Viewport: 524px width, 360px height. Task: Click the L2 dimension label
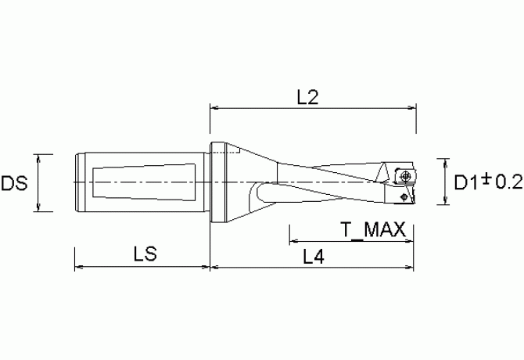point(308,97)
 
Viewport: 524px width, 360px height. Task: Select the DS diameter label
point(15,184)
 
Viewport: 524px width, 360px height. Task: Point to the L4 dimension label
point(314,257)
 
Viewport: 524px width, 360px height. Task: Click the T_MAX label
point(372,230)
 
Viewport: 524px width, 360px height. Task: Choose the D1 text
point(467,182)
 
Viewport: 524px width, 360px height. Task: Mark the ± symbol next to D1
point(486,181)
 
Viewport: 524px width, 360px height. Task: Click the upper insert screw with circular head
point(406,176)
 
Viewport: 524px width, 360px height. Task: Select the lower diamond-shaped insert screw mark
point(404,198)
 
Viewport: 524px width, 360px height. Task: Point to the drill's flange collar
point(218,182)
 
